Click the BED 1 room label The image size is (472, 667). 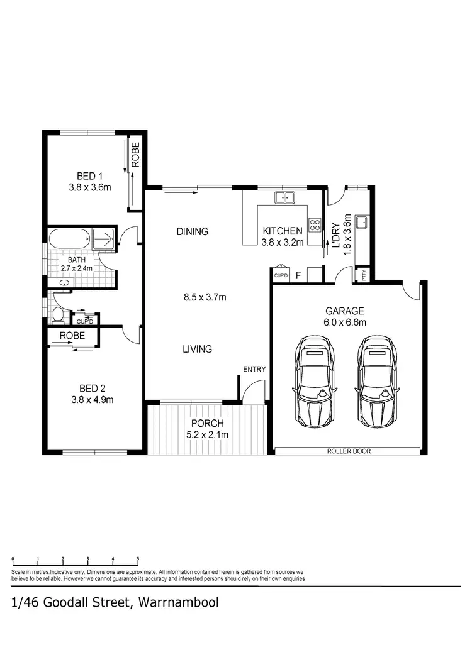[x=82, y=175]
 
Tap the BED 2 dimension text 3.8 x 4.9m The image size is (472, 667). [x=91, y=399]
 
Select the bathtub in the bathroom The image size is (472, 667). [x=69, y=239]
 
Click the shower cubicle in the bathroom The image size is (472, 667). [x=104, y=239]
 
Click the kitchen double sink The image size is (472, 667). [x=284, y=197]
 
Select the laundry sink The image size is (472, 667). [x=362, y=222]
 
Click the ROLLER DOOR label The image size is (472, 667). [x=347, y=451]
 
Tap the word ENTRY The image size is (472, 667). [x=255, y=369]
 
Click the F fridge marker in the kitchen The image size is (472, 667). [x=298, y=275]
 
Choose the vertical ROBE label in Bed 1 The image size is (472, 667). [x=135, y=155]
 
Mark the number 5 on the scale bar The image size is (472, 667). [x=138, y=559]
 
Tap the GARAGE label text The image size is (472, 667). [x=345, y=311]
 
